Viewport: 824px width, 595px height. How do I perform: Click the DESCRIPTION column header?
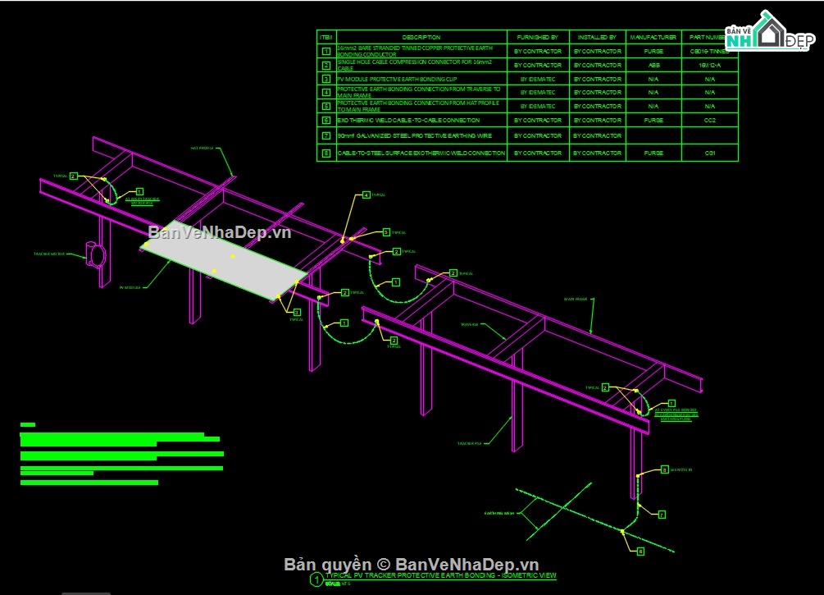tap(421, 37)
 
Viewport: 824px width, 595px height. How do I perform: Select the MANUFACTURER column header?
tap(653, 37)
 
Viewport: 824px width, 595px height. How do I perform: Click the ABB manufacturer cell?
tap(653, 65)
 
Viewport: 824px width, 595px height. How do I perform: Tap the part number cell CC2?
tap(709, 121)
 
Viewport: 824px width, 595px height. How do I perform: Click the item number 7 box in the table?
tap(326, 135)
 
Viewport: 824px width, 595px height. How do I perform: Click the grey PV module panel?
tap(225, 261)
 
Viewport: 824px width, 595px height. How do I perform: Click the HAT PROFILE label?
tap(202, 149)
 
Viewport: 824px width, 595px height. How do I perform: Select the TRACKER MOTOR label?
tap(49, 254)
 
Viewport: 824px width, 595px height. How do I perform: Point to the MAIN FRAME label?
tap(575, 299)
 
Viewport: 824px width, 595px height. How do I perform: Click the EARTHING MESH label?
tap(498, 513)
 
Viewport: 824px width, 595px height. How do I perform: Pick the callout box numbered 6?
tap(640, 551)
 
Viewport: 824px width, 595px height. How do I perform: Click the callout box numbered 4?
tap(366, 195)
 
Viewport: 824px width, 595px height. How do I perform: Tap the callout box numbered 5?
tap(386, 232)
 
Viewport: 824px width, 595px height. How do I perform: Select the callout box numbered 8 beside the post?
tap(664, 469)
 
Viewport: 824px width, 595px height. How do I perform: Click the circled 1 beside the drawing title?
tap(316, 579)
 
